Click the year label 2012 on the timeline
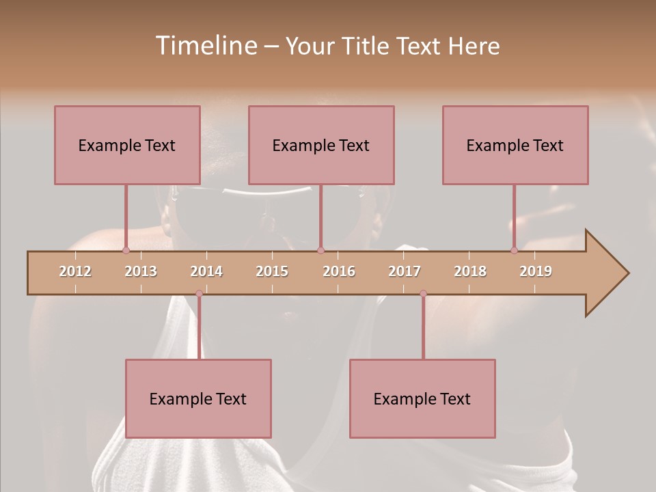point(75,271)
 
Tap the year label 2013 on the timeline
point(141,271)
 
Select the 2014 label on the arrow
point(206,271)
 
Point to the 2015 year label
point(272,271)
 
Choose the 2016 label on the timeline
point(339,271)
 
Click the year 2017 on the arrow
point(405,271)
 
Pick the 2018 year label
point(470,271)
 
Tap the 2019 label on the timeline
point(536,271)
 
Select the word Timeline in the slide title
point(205,46)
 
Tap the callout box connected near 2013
point(127,145)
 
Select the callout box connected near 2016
point(321,145)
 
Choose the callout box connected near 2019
point(515,145)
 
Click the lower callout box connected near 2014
point(198,398)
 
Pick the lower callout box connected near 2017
point(422,398)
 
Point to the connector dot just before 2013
point(126,250)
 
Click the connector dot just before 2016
point(320,250)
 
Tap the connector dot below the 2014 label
point(199,294)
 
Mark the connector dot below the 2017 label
point(423,294)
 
